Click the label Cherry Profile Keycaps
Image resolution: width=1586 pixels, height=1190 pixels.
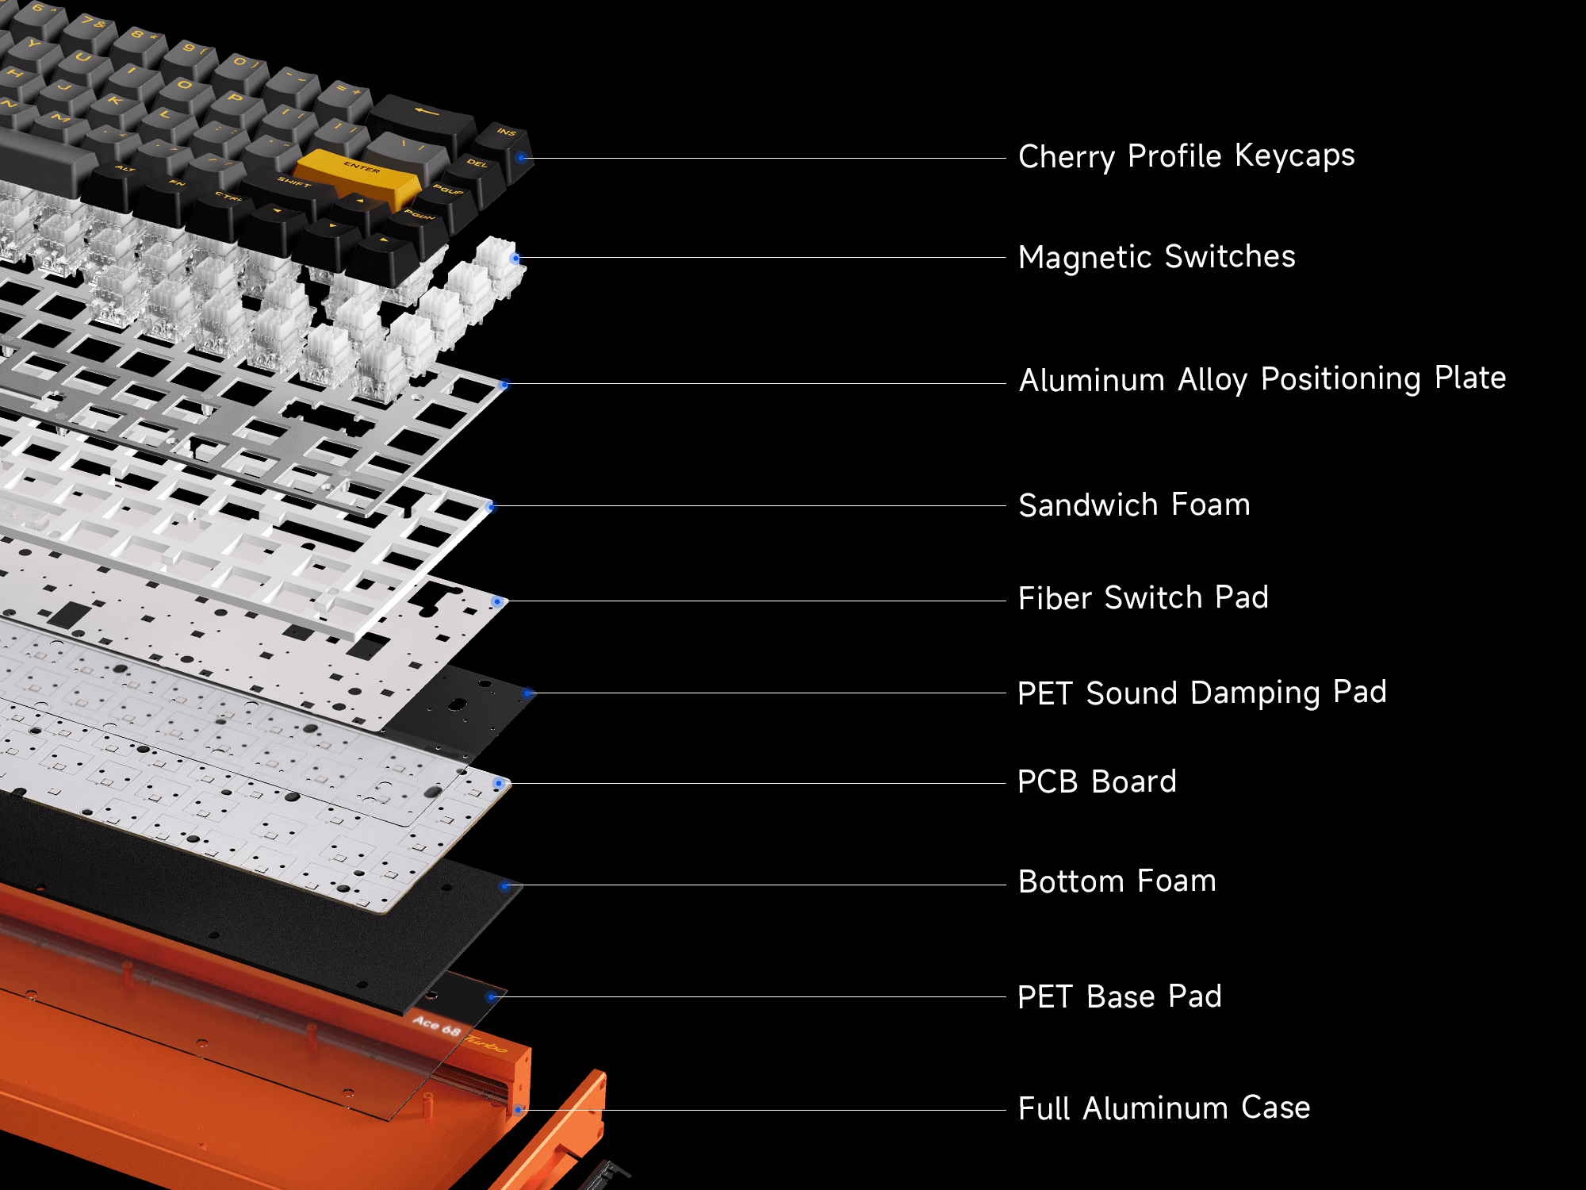coord(1186,156)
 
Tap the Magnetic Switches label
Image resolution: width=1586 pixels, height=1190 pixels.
coord(1156,257)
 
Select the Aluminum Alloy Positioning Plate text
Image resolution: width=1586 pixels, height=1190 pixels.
coord(1262,379)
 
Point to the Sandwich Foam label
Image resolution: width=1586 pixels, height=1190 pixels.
coord(1134,505)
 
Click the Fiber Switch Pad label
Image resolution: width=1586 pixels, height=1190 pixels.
coord(1143,598)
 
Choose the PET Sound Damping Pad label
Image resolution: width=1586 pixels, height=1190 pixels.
coord(1201,693)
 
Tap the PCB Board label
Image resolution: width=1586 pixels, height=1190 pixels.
coord(1097,782)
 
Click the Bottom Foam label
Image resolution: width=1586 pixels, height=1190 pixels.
coord(1117,881)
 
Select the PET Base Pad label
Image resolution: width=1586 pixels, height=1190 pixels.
coord(1119,996)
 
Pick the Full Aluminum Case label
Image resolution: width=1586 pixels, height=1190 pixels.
coord(1163,1108)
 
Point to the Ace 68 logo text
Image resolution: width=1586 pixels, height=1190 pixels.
coord(437,1026)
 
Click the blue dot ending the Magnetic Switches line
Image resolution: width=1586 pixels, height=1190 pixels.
coord(515,258)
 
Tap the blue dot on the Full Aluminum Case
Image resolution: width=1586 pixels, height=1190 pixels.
coord(518,1110)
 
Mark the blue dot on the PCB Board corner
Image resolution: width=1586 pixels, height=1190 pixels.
coord(498,784)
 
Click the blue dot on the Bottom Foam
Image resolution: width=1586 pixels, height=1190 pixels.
coord(504,885)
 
